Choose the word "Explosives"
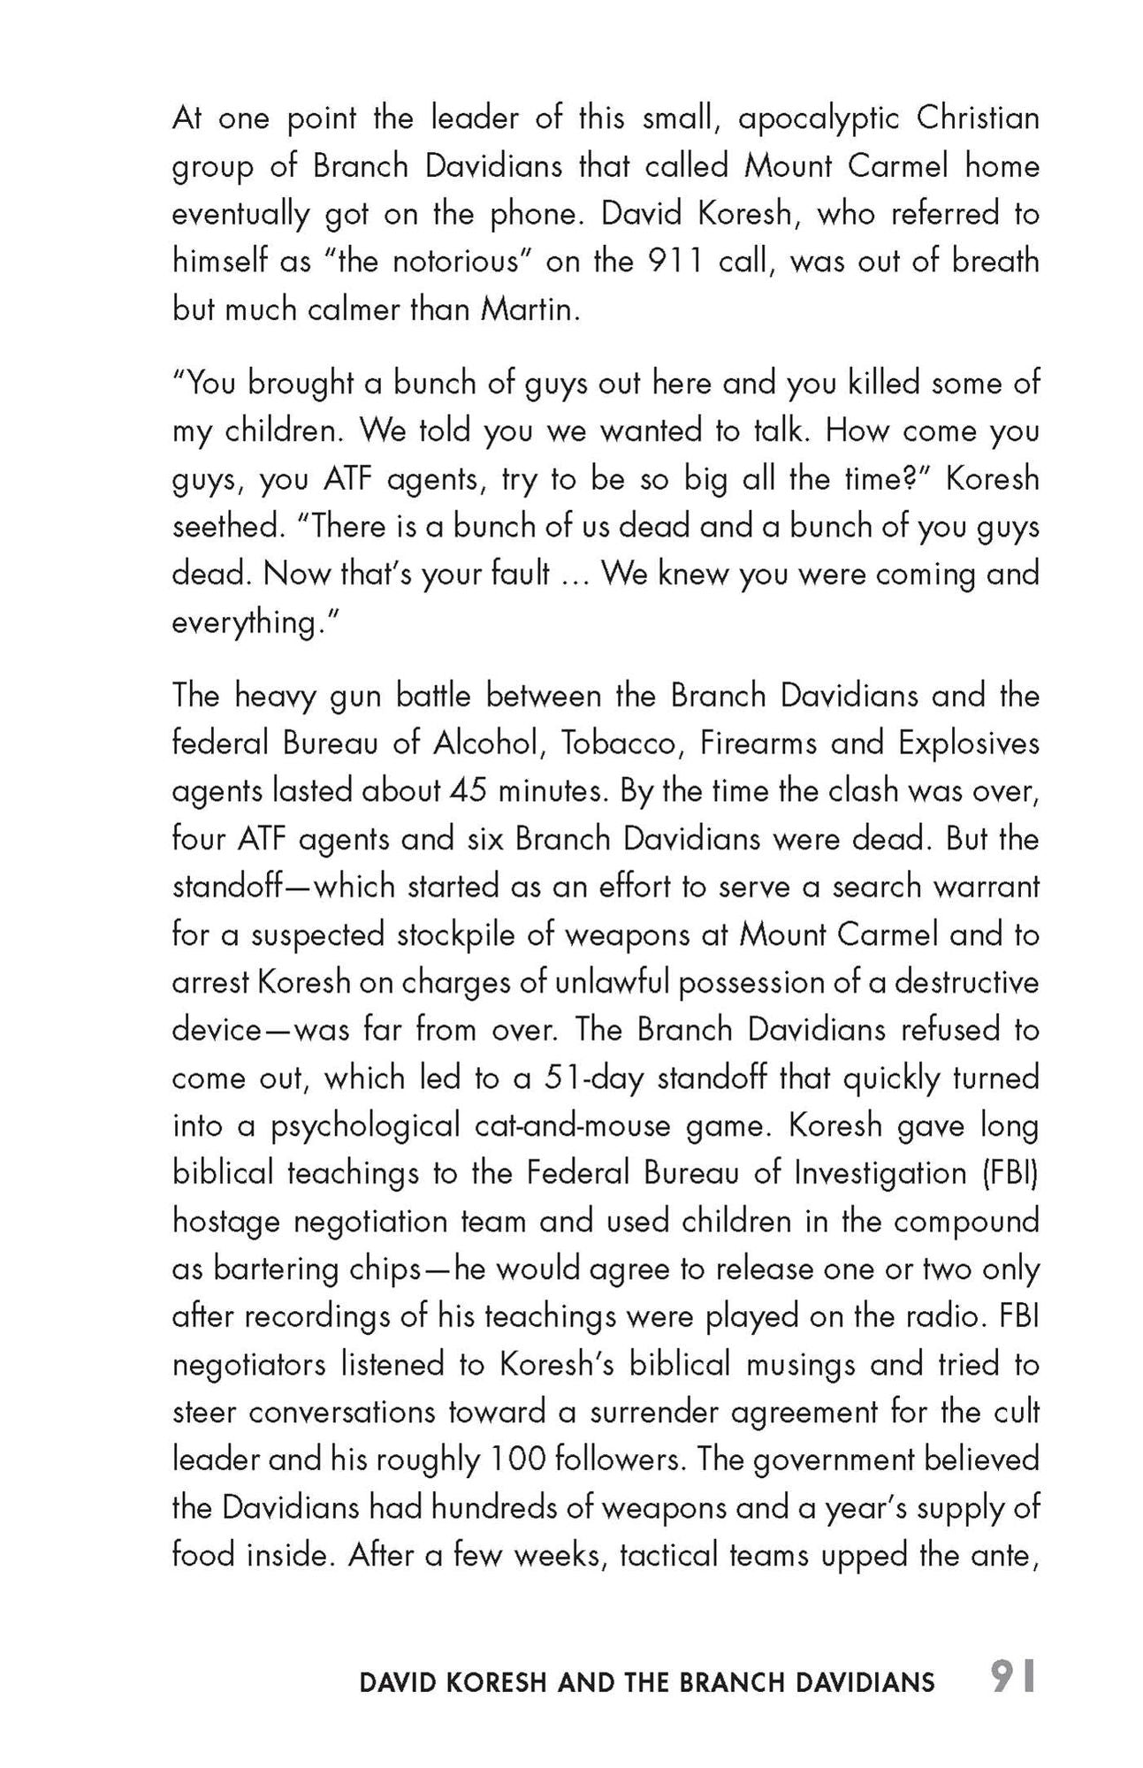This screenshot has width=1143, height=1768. pyautogui.click(x=968, y=743)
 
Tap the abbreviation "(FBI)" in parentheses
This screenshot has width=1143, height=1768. pyautogui.click(x=1010, y=1173)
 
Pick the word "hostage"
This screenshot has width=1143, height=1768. pyautogui.click(x=225, y=1221)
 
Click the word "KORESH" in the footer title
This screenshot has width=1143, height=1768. pyautogui.click(x=495, y=1682)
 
